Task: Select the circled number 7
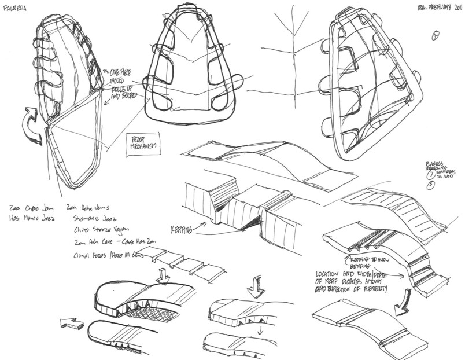point(430,175)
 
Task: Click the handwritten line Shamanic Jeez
point(93,219)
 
